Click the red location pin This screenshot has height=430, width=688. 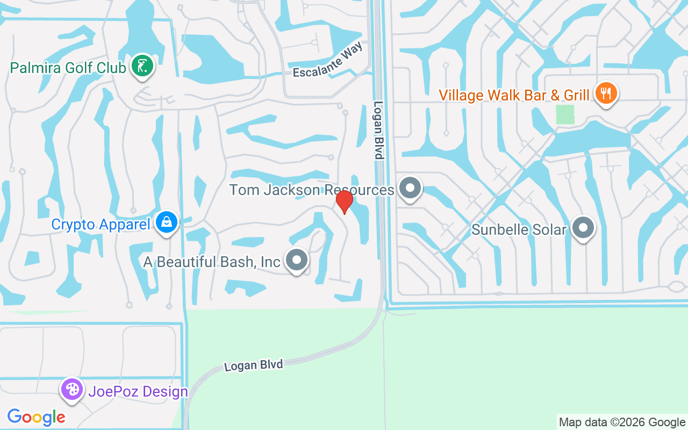pos(344,202)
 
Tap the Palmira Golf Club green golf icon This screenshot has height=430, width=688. pos(142,66)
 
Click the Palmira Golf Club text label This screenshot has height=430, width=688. pos(68,68)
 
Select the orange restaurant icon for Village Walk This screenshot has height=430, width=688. pos(606,94)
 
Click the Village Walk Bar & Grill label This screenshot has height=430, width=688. pos(514,95)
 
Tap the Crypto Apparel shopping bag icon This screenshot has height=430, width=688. pos(167,222)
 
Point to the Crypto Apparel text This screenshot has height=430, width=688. pos(101,224)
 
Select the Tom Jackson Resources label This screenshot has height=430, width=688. pos(312,190)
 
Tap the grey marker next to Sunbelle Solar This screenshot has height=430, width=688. pos(583,228)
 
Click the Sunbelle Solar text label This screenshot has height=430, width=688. pos(519,230)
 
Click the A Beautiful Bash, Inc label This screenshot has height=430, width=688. pos(212,262)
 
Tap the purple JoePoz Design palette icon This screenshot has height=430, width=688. pos(71,389)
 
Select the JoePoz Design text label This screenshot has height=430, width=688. pos(138,391)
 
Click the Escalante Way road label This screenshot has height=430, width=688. pos(328,60)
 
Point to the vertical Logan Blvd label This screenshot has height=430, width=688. pos(379,131)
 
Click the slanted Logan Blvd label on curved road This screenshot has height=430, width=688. pos(253,365)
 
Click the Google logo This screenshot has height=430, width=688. pos(36,417)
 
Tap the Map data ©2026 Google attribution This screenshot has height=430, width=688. pos(622,422)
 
